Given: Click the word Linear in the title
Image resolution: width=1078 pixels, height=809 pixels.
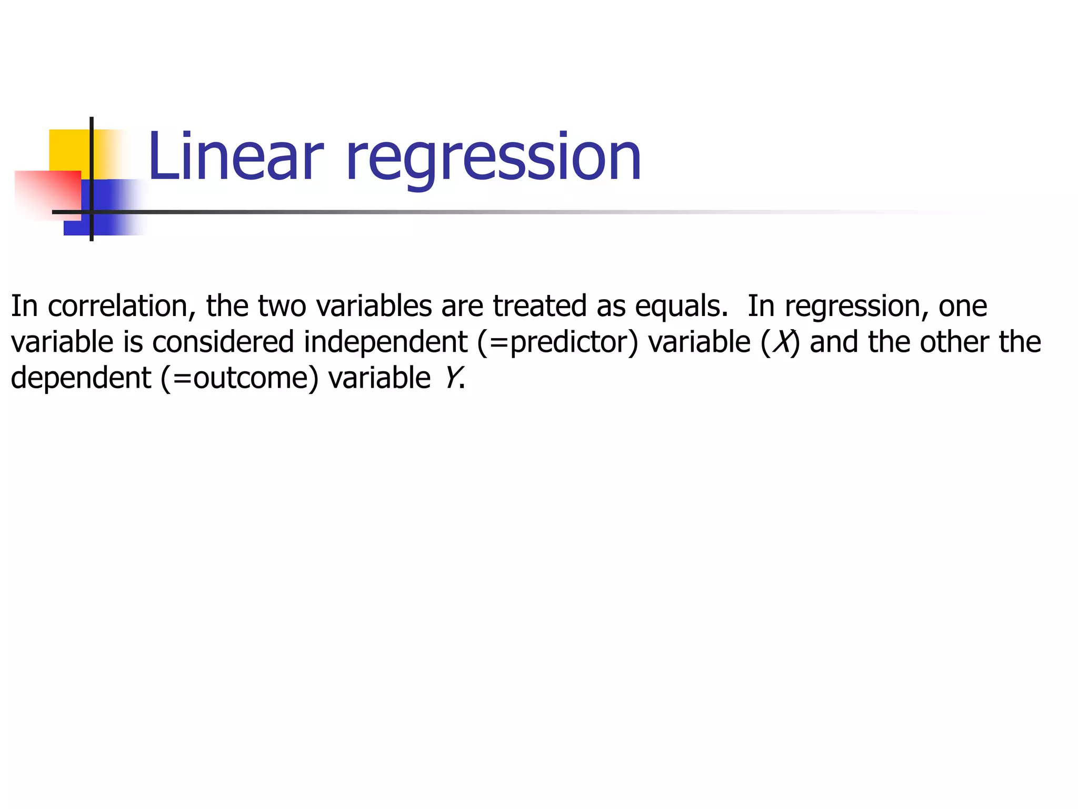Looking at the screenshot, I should click(235, 156).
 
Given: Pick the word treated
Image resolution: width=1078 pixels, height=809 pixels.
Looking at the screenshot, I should click(540, 306).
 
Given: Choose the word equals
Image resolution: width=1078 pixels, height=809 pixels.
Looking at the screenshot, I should click(682, 307).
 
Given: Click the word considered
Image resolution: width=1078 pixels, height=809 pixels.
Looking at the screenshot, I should click(223, 342).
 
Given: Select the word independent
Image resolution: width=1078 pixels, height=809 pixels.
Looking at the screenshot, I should click(385, 343).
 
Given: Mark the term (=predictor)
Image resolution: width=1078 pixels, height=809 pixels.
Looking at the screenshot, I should click(557, 343).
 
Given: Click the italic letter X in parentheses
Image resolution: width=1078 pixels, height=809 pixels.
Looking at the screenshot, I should click(783, 342).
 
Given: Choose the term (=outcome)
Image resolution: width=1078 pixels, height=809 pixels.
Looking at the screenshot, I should click(240, 378).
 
